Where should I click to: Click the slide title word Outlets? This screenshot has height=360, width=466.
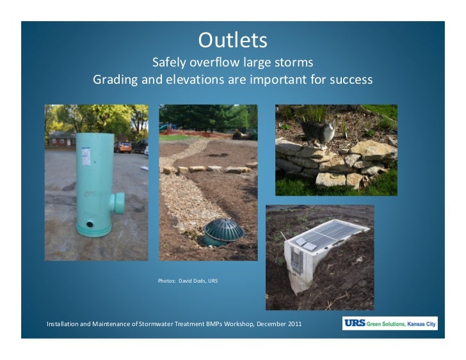tap(232, 40)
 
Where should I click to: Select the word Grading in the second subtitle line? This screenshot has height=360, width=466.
tap(115, 81)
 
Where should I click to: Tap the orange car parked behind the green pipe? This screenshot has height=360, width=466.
tap(123, 146)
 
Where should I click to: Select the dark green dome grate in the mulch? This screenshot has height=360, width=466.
tap(223, 230)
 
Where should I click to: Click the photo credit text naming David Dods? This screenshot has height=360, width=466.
tap(188, 281)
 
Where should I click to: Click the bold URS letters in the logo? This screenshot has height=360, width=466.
tap(354, 324)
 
